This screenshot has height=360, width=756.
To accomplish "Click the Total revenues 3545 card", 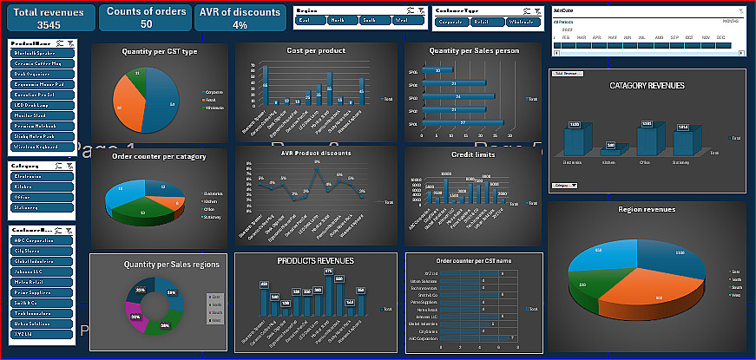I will point(49,18).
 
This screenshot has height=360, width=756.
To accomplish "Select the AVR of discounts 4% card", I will point(234,18).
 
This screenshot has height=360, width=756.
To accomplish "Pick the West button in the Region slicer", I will point(400,18).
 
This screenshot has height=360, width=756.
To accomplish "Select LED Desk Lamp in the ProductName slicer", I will point(42,104).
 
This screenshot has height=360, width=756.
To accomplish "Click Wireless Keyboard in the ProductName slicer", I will point(42,147).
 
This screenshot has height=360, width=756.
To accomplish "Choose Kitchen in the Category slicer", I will point(42,186).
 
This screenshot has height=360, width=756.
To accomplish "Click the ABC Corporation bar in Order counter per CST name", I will point(476,337).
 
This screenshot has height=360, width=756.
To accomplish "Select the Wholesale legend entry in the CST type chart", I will point(214,108).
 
